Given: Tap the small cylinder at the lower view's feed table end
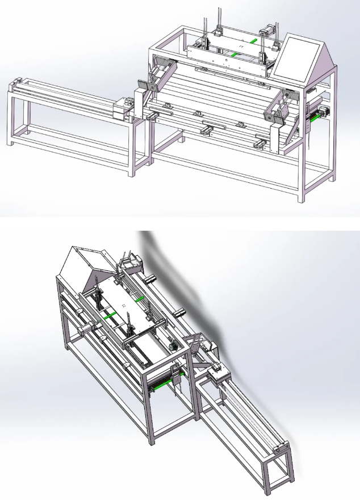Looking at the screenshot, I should [x=277, y=450].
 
